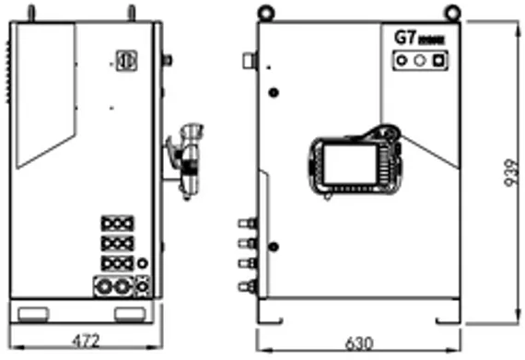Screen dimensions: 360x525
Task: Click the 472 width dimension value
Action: tap(85, 341)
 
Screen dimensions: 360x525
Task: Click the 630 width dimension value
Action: tap(359, 343)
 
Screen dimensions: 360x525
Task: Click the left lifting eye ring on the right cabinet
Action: tap(266, 11)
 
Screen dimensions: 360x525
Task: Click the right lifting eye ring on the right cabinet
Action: tap(450, 11)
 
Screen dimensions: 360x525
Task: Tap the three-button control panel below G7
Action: tap(420, 61)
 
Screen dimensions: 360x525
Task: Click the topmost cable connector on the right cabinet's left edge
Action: tap(247, 223)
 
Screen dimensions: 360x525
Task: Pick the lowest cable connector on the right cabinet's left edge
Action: tap(247, 286)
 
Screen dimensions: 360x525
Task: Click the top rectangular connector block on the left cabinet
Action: tap(118, 223)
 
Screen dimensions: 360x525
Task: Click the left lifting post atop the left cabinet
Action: tap(31, 13)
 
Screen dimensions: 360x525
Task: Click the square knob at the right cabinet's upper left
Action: tap(248, 61)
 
